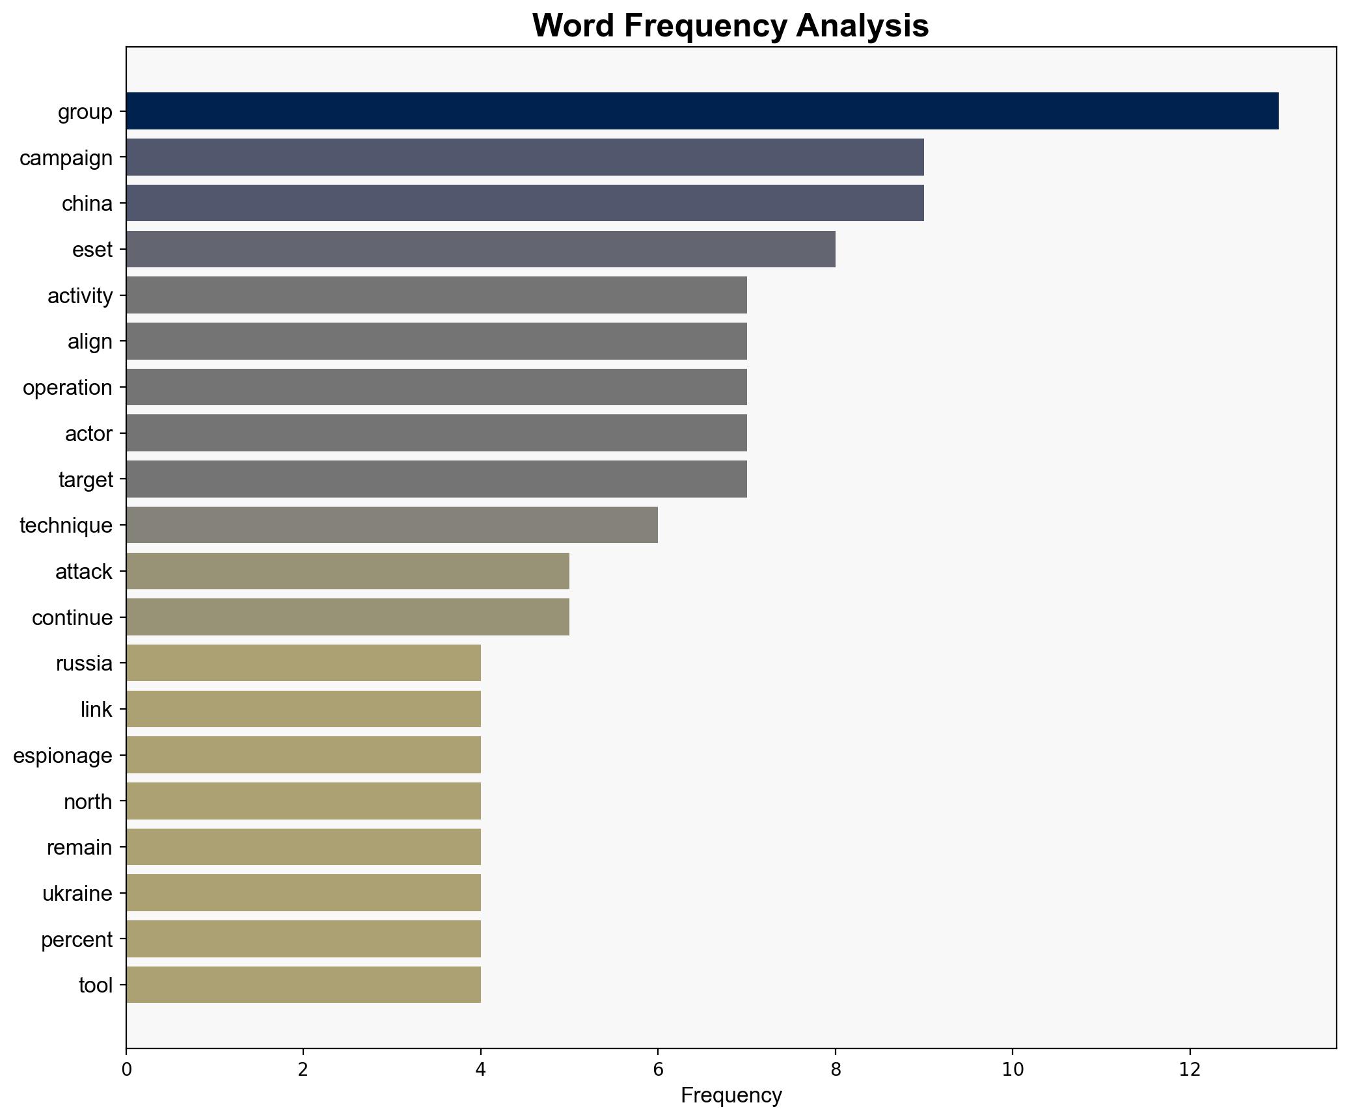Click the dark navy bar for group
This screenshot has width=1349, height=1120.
point(702,111)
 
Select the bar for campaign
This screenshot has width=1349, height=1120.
point(525,157)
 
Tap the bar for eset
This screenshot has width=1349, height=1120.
point(480,249)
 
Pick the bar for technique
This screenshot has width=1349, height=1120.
point(392,525)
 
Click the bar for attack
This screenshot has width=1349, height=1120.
point(347,571)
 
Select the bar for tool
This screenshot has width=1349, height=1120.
point(303,985)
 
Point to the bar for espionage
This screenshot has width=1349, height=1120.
point(303,755)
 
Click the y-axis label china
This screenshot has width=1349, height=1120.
point(87,204)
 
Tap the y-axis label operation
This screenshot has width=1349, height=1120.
point(68,388)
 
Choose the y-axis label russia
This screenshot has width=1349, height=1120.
point(84,663)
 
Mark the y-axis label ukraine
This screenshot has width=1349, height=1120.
point(77,894)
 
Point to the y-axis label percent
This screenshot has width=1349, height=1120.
point(77,940)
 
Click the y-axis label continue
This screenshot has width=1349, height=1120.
point(72,617)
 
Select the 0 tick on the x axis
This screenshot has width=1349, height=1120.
point(126,1070)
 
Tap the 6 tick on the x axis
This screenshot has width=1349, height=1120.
point(658,1070)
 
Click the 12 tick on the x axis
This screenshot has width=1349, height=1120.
point(1190,1070)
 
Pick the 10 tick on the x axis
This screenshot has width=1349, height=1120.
point(1013,1070)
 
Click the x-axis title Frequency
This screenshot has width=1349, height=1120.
point(731,1096)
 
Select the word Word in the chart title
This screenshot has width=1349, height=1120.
point(575,26)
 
